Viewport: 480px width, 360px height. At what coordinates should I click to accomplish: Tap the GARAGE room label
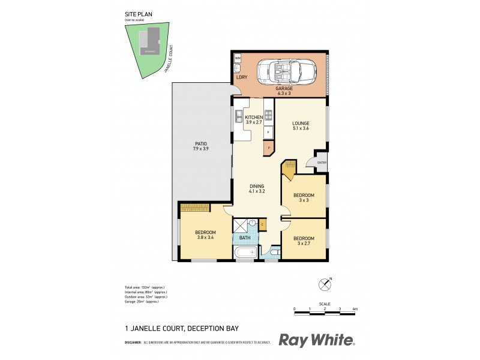click(x=284, y=88)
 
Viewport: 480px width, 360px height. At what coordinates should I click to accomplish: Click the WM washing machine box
click(x=238, y=58)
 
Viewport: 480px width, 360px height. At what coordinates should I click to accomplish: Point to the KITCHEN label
click(x=253, y=117)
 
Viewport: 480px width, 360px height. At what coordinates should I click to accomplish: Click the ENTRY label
click(x=321, y=163)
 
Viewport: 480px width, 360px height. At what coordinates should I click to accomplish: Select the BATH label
click(x=245, y=238)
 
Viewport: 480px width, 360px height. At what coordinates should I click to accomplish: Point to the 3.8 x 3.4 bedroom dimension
click(x=205, y=237)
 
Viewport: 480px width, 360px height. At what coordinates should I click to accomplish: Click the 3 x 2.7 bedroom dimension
click(x=304, y=244)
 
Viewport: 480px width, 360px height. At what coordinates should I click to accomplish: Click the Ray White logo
click(x=316, y=340)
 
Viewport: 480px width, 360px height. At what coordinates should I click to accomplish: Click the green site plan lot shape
click(x=144, y=51)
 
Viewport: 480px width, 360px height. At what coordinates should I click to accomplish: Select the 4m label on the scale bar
click(x=355, y=308)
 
